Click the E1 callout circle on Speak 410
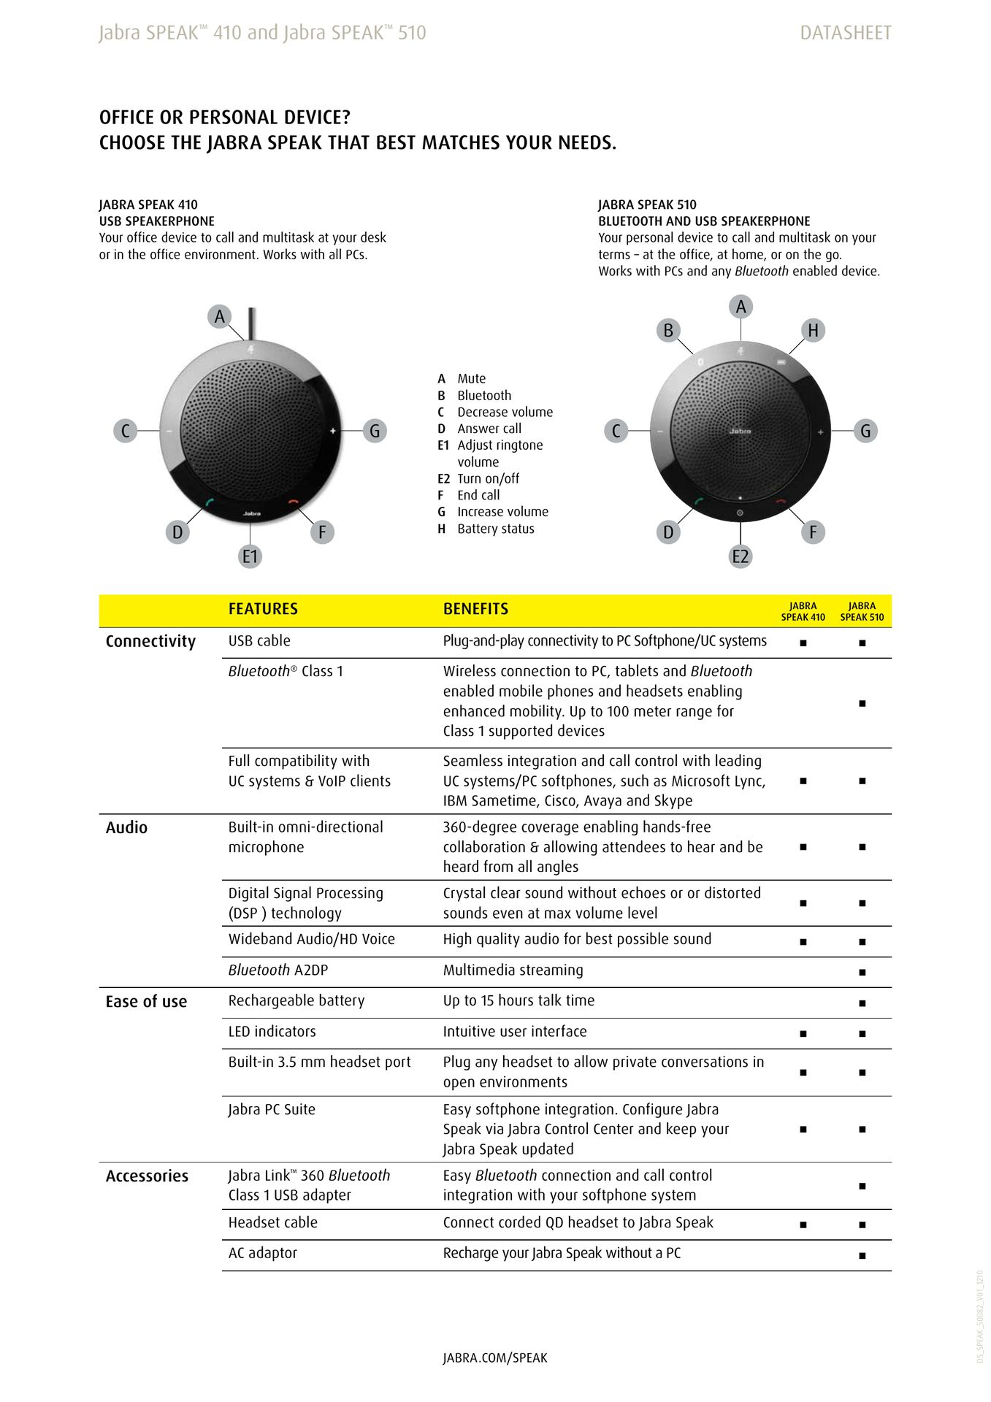pyautogui.click(x=250, y=556)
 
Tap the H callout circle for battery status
pyautogui.click(x=813, y=331)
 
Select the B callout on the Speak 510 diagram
pyautogui.click(x=667, y=331)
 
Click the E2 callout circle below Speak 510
pyautogui.click(x=741, y=556)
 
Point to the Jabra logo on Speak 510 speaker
pyautogui.click(x=740, y=432)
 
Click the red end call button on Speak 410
pyautogui.click(x=294, y=502)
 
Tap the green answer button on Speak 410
pyautogui.click(x=209, y=502)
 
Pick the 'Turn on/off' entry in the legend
pyautogui.click(x=488, y=479)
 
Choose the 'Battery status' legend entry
pyautogui.click(x=495, y=529)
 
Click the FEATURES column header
pyautogui.click(x=263, y=609)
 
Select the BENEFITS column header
pyautogui.click(x=475, y=609)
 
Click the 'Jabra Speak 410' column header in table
pyautogui.click(x=803, y=611)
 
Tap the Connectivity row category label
pyautogui.click(x=150, y=641)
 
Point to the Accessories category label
pyautogui.click(x=147, y=1176)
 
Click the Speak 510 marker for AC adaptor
pyautogui.click(x=862, y=1256)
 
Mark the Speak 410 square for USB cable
pyautogui.click(x=803, y=643)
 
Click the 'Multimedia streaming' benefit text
pyautogui.click(x=513, y=970)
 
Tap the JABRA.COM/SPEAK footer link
pyautogui.click(x=494, y=1358)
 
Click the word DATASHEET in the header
pyautogui.click(x=845, y=33)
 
